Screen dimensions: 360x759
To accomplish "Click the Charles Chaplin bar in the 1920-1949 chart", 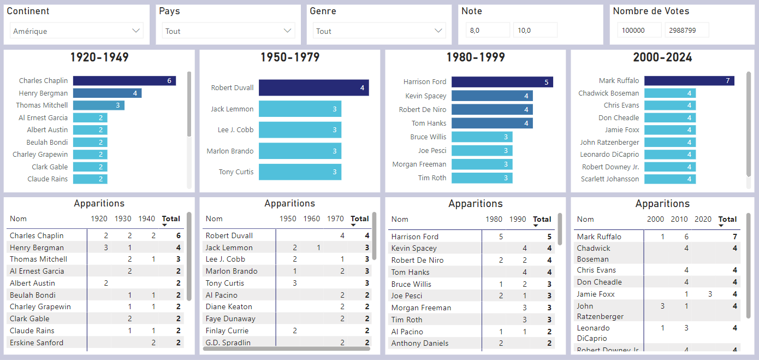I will (124, 81).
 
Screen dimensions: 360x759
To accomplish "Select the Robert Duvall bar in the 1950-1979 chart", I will (313, 88).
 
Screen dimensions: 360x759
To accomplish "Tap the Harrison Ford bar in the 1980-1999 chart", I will (502, 82).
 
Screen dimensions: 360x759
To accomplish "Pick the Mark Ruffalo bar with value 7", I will (689, 81).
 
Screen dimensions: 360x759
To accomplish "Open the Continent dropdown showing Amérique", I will (76, 31).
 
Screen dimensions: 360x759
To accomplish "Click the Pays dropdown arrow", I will (287, 31).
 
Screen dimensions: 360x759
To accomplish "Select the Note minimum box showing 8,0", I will (487, 31).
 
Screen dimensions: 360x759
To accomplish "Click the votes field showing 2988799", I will (686, 31).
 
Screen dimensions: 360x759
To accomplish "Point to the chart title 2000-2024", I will (662, 57).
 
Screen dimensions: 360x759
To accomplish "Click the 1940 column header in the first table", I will (146, 219).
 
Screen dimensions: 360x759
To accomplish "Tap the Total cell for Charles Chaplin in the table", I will (178, 236).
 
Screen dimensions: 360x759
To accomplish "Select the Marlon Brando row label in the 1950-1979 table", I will (229, 272).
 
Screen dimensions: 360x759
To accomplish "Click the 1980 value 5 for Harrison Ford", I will (501, 237).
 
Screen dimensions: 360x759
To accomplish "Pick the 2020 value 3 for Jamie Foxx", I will (710, 294).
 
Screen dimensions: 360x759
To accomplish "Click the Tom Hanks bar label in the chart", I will (430, 123).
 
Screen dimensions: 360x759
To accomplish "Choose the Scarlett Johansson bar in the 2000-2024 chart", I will (669, 179).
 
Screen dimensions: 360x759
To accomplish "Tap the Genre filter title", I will (323, 11).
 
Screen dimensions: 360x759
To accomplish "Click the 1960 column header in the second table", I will (311, 219).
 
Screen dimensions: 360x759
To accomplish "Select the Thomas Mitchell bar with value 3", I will (98, 105).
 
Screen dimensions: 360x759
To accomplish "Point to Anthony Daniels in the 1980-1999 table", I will (420, 344).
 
